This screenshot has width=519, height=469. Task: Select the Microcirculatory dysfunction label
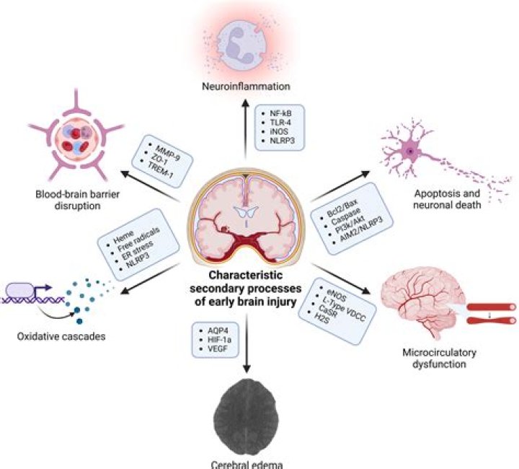(x=432, y=359)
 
